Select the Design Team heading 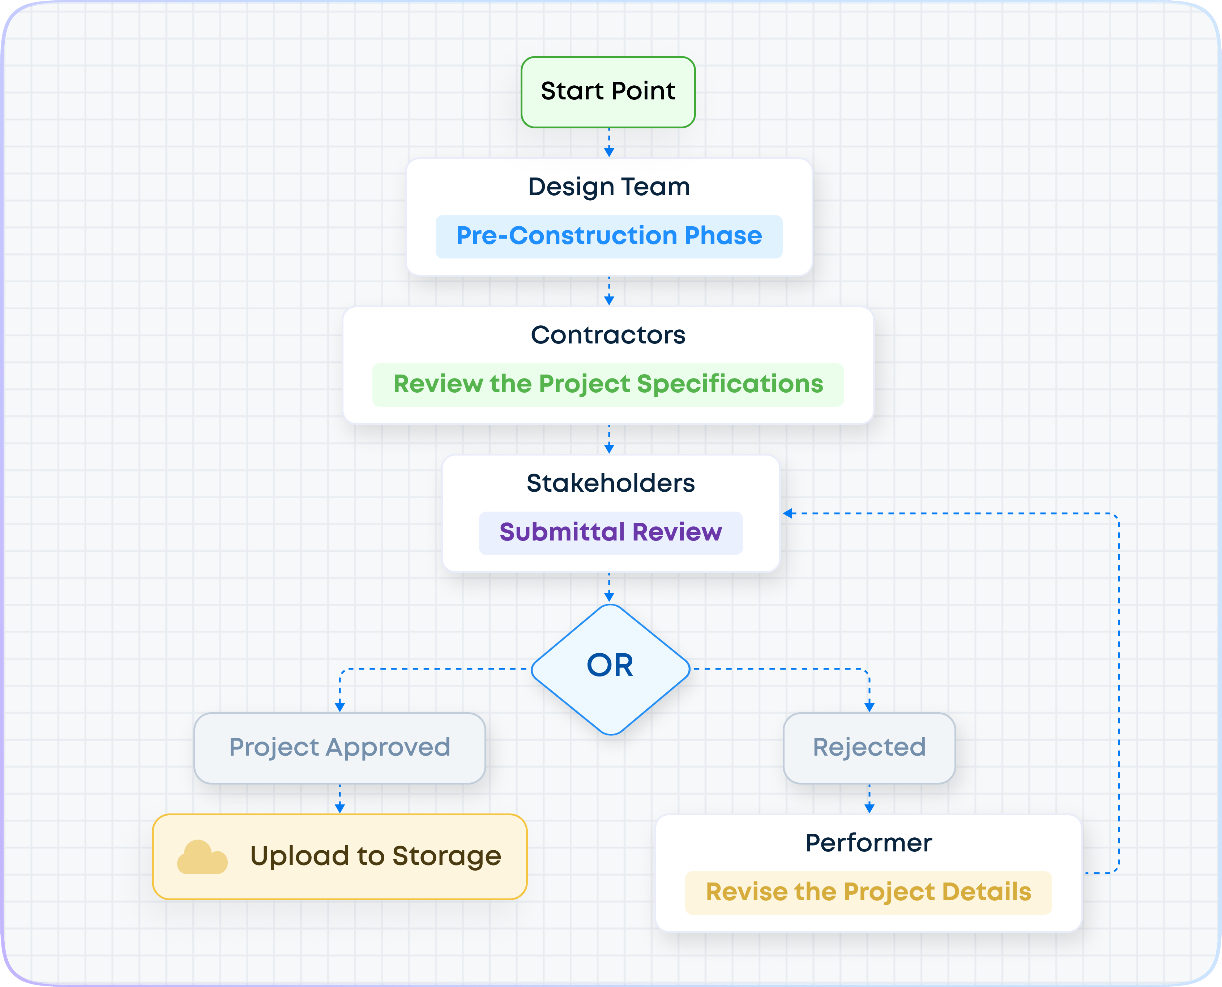tap(608, 187)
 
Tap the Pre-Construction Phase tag tap(608, 236)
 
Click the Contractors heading tap(608, 335)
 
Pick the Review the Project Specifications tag tap(608, 384)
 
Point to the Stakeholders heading tap(610, 483)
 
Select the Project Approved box tap(339, 748)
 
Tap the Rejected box tap(869, 748)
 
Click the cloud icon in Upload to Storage tap(202, 857)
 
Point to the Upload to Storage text tap(375, 856)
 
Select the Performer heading tap(868, 843)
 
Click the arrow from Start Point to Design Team tap(609, 143)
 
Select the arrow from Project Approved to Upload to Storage tap(339, 799)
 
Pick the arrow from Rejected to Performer tap(869, 799)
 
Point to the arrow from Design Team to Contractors tap(609, 291)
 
